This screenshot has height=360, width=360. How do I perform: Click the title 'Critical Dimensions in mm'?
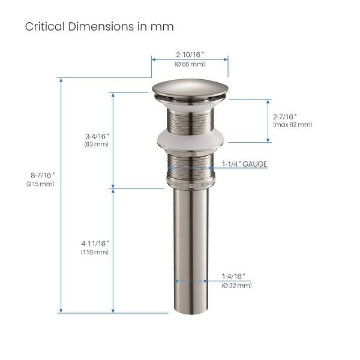[x=99, y=27]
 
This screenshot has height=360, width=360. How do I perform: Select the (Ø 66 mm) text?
[x=190, y=64]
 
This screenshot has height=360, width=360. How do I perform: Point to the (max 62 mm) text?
[x=292, y=125]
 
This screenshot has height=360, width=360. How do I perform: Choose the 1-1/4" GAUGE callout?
[x=244, y=164]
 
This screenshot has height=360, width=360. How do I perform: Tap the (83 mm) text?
[x=96, y=144]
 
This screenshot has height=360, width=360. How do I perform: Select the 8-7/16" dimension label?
[x=40, y=175]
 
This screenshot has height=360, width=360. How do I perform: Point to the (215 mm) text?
[x=40, y=184]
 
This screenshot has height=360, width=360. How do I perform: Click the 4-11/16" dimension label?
[x=95, y=243]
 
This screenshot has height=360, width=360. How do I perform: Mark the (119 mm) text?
[x=95, y=253]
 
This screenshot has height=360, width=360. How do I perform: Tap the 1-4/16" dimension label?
[x=233, y=276]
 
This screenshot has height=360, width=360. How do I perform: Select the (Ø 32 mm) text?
[x=236, y=286]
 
